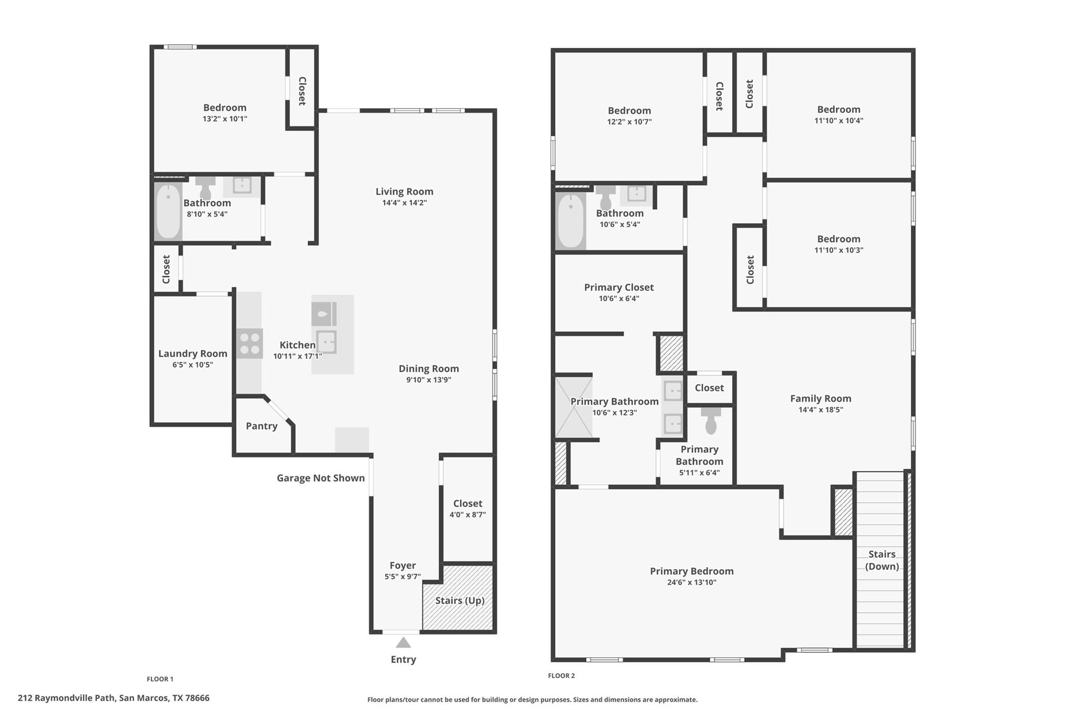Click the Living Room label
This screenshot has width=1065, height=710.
(404, 191)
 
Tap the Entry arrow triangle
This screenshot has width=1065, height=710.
(403, 643)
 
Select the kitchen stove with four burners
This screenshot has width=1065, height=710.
(250, 343)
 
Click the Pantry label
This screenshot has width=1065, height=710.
(262, 426)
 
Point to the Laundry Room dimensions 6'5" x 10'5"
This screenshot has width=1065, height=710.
(193, 365)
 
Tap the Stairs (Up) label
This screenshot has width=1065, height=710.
(460, 601)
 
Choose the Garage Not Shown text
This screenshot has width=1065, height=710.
(320, 478)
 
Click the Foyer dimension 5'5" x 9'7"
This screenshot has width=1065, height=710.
(402, 576)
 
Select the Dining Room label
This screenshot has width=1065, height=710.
(428, 369)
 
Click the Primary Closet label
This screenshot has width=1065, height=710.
(619, 288)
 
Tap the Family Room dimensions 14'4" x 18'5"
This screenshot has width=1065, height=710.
(821, 409)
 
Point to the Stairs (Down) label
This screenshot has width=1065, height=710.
(882, 560)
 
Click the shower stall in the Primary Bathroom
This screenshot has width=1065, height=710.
(574, 407)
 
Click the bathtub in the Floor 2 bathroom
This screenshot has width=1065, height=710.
(570, 221)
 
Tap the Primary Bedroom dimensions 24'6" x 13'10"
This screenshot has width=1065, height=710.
(692, 583)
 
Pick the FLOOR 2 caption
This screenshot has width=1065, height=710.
(561, 676)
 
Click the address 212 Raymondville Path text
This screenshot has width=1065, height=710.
(66, 698)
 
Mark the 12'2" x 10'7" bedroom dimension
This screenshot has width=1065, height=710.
(629, 122)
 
